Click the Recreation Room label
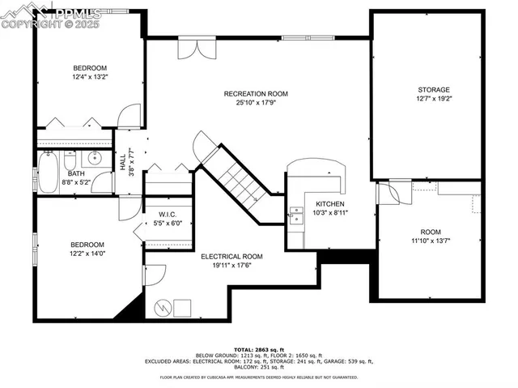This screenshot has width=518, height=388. pyautogui.click(x=256, y=94)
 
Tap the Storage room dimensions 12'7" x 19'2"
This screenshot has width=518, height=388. pyautogui.click(x=434, y=100)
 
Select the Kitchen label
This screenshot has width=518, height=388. pyautogui.click(x=330, y=204)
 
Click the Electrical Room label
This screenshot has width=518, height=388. pyautogui.click(x=231, y=256)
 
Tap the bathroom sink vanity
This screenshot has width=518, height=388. pyautogui.click(x=96, y=157)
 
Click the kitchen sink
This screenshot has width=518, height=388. pyautogui.click(x=295, y=214)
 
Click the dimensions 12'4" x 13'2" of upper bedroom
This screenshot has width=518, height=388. pyautogui.click(x=91, y=77)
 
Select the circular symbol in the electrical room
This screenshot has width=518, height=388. pyautogui.click(x=161, y=308)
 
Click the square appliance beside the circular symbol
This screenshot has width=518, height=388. pyautogui.click(x=182, y=308)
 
